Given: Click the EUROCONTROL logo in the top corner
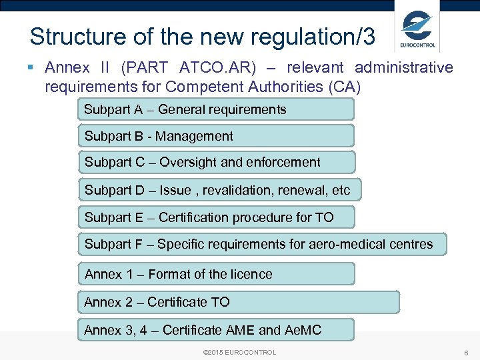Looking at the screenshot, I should [x=417, y=29].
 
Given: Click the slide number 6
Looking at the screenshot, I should [x=465, y=352].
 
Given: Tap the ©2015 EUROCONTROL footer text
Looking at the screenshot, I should [x=239, y=352].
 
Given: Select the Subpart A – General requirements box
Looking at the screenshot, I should [x=216, y=109].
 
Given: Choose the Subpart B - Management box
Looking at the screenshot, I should [x=216, y=136].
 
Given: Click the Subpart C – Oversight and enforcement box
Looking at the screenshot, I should [x=216, y=162].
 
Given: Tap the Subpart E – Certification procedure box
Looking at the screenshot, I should [x=216, y=217].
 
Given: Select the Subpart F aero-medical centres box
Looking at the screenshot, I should [x=262, y=244].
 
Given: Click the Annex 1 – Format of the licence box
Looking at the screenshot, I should [x=216, y=274].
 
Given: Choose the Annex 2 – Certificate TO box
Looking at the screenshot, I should [x=238, y=302].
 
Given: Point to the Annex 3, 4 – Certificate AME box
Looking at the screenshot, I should [x=216, y=330].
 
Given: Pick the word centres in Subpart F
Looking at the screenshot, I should [x=411, y=244].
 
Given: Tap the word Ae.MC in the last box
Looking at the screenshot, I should [x=303, y=330].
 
